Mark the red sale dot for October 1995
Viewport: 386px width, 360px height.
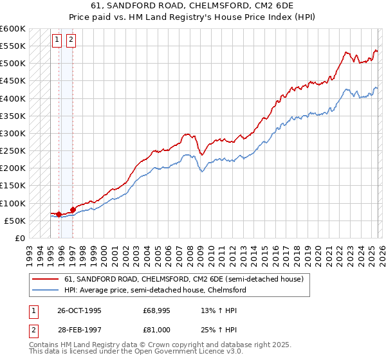[59, 214]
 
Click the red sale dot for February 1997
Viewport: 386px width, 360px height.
[73, 209]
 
